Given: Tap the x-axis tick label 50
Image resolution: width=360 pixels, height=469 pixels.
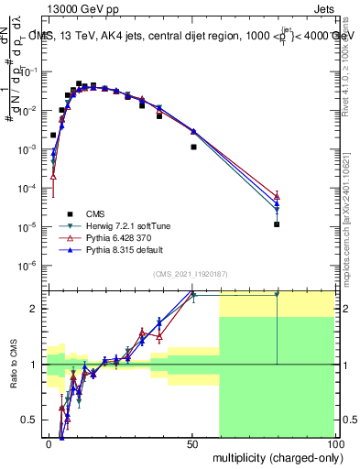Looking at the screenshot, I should [191, 443].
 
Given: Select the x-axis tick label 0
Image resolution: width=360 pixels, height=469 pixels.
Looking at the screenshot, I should [49, 443].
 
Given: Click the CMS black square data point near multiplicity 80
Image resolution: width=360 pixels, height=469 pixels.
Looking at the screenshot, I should [277, 224].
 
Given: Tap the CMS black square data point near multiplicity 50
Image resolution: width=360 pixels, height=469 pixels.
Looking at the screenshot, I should [193, 147].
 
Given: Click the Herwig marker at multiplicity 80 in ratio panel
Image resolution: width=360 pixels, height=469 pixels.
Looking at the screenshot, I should [277, 295].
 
